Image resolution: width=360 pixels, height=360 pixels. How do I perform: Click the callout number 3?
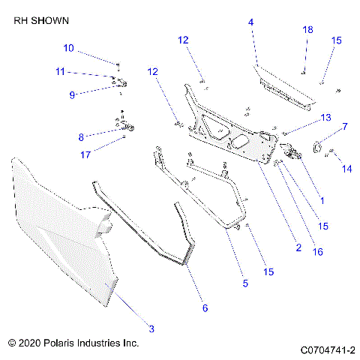click(151, 328)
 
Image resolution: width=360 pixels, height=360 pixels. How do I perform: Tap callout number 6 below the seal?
click(204, 307)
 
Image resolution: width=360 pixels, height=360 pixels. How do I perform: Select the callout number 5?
click(245, 283)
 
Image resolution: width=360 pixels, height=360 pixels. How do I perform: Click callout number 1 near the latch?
click(322, 201)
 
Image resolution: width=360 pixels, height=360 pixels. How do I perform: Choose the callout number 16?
click(318, 252)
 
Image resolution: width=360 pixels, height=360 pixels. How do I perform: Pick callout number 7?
click(345, 127)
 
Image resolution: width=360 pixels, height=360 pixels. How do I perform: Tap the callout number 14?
click(347, 170)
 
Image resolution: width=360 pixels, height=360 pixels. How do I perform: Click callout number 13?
click(325, 118)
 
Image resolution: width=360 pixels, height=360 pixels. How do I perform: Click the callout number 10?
click(68, 48)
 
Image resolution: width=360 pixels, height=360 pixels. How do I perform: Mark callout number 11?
click(61, 71)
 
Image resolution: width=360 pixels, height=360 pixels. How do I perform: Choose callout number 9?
click(73, 95)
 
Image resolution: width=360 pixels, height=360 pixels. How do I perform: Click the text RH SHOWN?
click(39, 23)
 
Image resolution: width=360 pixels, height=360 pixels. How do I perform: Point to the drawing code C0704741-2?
click(327, 350)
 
